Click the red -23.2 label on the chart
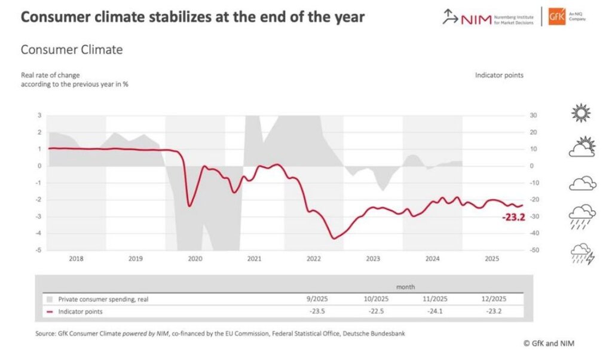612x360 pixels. (x=513, y=217)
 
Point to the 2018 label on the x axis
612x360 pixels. (x=76, y=259)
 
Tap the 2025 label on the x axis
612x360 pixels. (x=492, y=259)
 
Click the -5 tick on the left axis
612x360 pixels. (x=39, y=250)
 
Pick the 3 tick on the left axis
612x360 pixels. (x=39, y=115)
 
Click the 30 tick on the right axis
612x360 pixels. (x=533, y=115)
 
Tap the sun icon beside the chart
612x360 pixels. (x=580, y=113)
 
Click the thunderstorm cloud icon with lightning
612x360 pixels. (x=582, y=254)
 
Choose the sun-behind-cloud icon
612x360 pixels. (x=582, y=147)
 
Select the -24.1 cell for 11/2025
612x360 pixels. (x=435, y=312)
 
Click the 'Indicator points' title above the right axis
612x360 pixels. (x=499, y=75)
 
